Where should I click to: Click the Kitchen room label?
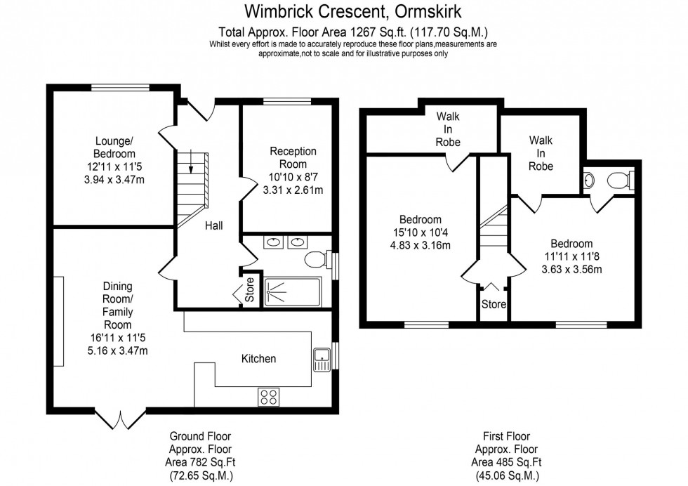click(x=258, y=359)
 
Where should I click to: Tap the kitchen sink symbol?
click(x=322, y=359)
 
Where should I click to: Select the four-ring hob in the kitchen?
click(x=268, y=397)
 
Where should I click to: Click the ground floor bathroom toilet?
click(x=317, y=260)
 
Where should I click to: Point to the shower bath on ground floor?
click(x=292, y=291)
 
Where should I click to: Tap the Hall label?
click(x=213, y=226)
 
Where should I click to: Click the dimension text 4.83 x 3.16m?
click(x=421, y=245)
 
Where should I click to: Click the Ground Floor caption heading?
click(x=200, y=437)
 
